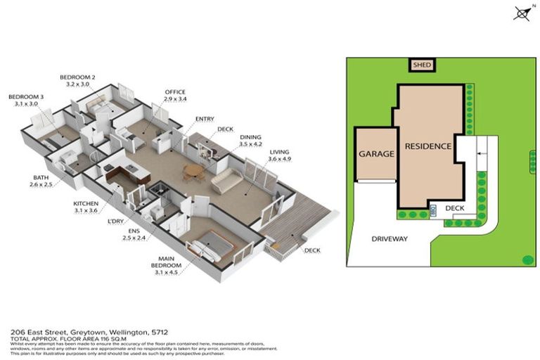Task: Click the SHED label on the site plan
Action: (x=422, y=65)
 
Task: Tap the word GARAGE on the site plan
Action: (x=375, y=153)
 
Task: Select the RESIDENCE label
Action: (x=427, y=146)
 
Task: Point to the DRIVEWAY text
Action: (x=389, y=239)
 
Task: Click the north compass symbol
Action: (x=522, y=12)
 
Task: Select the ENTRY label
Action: (x=205, y=119)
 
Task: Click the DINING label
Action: (x=250, y=139)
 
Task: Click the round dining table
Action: (x=191, y=170)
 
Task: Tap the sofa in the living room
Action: (x=226, y=181)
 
